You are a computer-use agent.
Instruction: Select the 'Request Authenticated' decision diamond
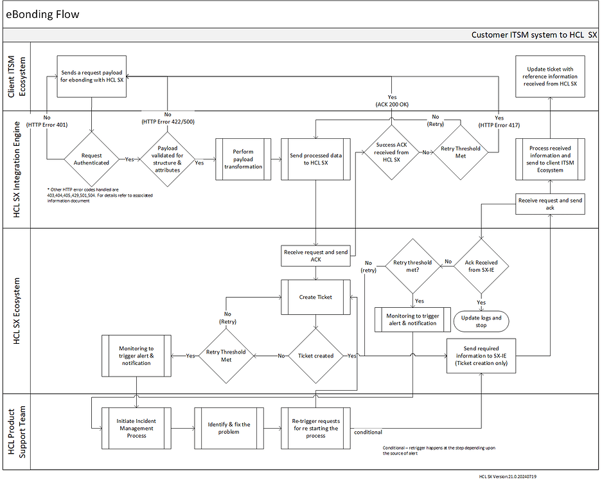pyautogui.click(x=92, y=159)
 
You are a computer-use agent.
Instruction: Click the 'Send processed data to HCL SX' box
pyautogui.click(x=315, y=159)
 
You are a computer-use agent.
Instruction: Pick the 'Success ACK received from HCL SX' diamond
pyautogui.click(x=391, y=153)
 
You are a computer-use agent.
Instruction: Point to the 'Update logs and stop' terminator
pyautogui.click(x=481, y=321)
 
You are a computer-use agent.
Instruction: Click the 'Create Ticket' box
pyautogui.click(x=315, y=297)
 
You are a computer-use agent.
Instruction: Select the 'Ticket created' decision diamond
pyautogui.click(x=315, y=355)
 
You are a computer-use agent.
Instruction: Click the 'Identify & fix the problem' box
pyautogui.click(x=229, y=428)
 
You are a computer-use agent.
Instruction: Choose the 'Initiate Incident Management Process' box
pyautogui.click(x=136, y=428)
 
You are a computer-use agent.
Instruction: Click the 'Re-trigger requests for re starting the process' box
pyautogui.click(x=315, y=428)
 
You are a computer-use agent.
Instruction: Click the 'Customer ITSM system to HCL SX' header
pyautogui.click(x=534, y=35)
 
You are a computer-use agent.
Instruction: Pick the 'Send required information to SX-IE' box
pyautogui.click(x=481, y=355)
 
